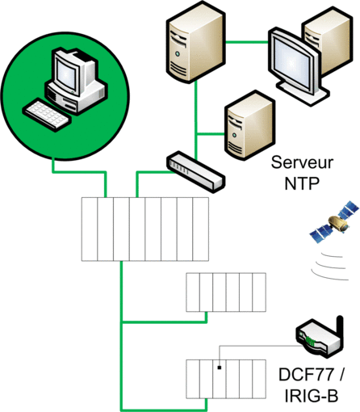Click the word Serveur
point(302,162)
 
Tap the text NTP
point(302,183)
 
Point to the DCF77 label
point(308,374)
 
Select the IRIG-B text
point(311,395)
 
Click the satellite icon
point(334,221)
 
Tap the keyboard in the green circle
point(47,116)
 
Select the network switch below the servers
point(195,171)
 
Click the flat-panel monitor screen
point(291,63)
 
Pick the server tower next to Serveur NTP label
point(249,125)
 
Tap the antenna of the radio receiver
point(340,330)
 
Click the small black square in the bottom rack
point(220,368)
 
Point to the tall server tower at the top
point(195,42)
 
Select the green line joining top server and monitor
point(247,42)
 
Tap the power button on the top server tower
point(178,54)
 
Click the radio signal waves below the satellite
point(330,267)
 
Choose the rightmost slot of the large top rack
point(201,229)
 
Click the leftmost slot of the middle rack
point(193,292)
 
